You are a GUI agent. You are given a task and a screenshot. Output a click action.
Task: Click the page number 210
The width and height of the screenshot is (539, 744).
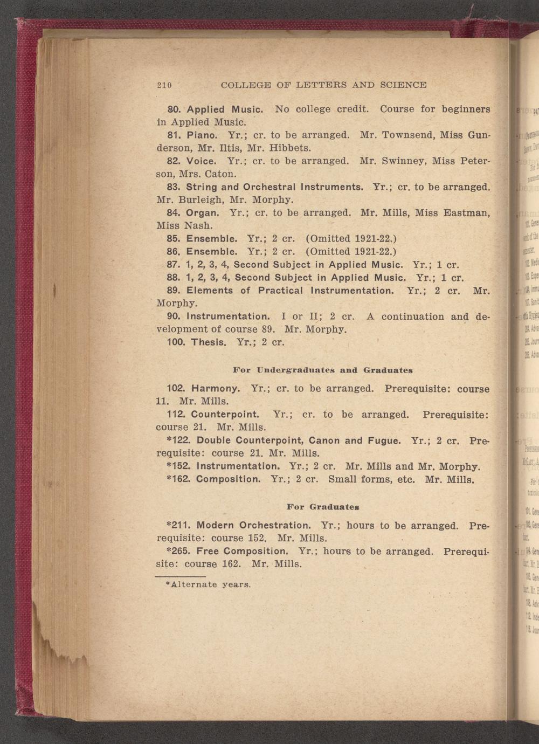click(x=164, y=85)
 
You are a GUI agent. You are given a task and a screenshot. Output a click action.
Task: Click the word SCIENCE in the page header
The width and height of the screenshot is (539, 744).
click(x=403, y=85)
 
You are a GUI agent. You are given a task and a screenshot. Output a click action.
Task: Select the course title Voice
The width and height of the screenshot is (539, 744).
click(x=201, y=161)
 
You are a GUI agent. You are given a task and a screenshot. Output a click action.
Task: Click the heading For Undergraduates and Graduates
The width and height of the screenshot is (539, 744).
click(x=323, y=370)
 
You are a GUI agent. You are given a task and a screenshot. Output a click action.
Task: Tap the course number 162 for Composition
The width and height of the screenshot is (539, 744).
click(x=181, y=479)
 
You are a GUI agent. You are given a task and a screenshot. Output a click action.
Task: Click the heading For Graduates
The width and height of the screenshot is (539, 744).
click(x=323, y=507)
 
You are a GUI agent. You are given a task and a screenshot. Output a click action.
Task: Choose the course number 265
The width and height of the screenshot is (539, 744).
click(x=181, y=551)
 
